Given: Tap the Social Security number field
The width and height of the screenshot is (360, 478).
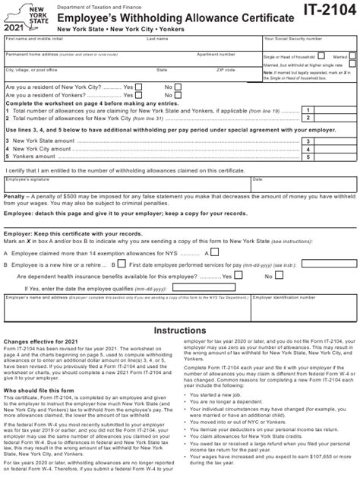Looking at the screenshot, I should (x=308, y=44).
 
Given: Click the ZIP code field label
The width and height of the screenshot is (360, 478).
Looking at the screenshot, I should (x=226, y=69).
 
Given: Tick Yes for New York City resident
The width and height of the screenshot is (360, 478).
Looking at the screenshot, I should (x=139, y=87).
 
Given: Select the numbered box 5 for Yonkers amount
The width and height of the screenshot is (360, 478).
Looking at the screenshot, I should (x=307, y=157).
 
